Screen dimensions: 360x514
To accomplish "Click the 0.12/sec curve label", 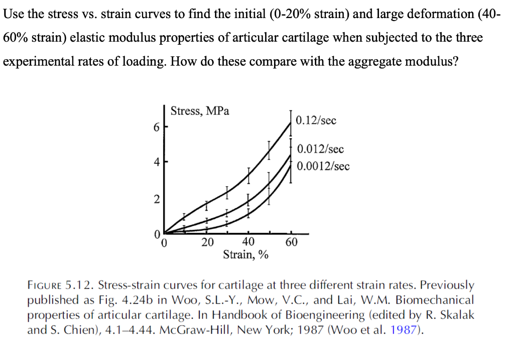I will click(x=316, y=121).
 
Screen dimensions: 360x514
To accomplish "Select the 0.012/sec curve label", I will click(x=320, y=149).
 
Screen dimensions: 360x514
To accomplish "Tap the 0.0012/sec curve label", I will click(x=323, y=166).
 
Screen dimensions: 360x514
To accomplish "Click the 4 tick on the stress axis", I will click(x=157, y=163).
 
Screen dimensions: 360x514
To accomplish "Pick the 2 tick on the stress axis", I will click(x=157, y=199).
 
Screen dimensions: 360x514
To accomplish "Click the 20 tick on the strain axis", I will click(x=207, y=243).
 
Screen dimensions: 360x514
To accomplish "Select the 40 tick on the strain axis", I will click(x=248, y=243).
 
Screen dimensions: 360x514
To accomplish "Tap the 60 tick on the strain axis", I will click(x=291, y=243).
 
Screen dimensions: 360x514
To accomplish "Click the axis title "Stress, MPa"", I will click(x=200, y=111).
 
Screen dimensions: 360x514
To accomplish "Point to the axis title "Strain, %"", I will click(x=245, y=255).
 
